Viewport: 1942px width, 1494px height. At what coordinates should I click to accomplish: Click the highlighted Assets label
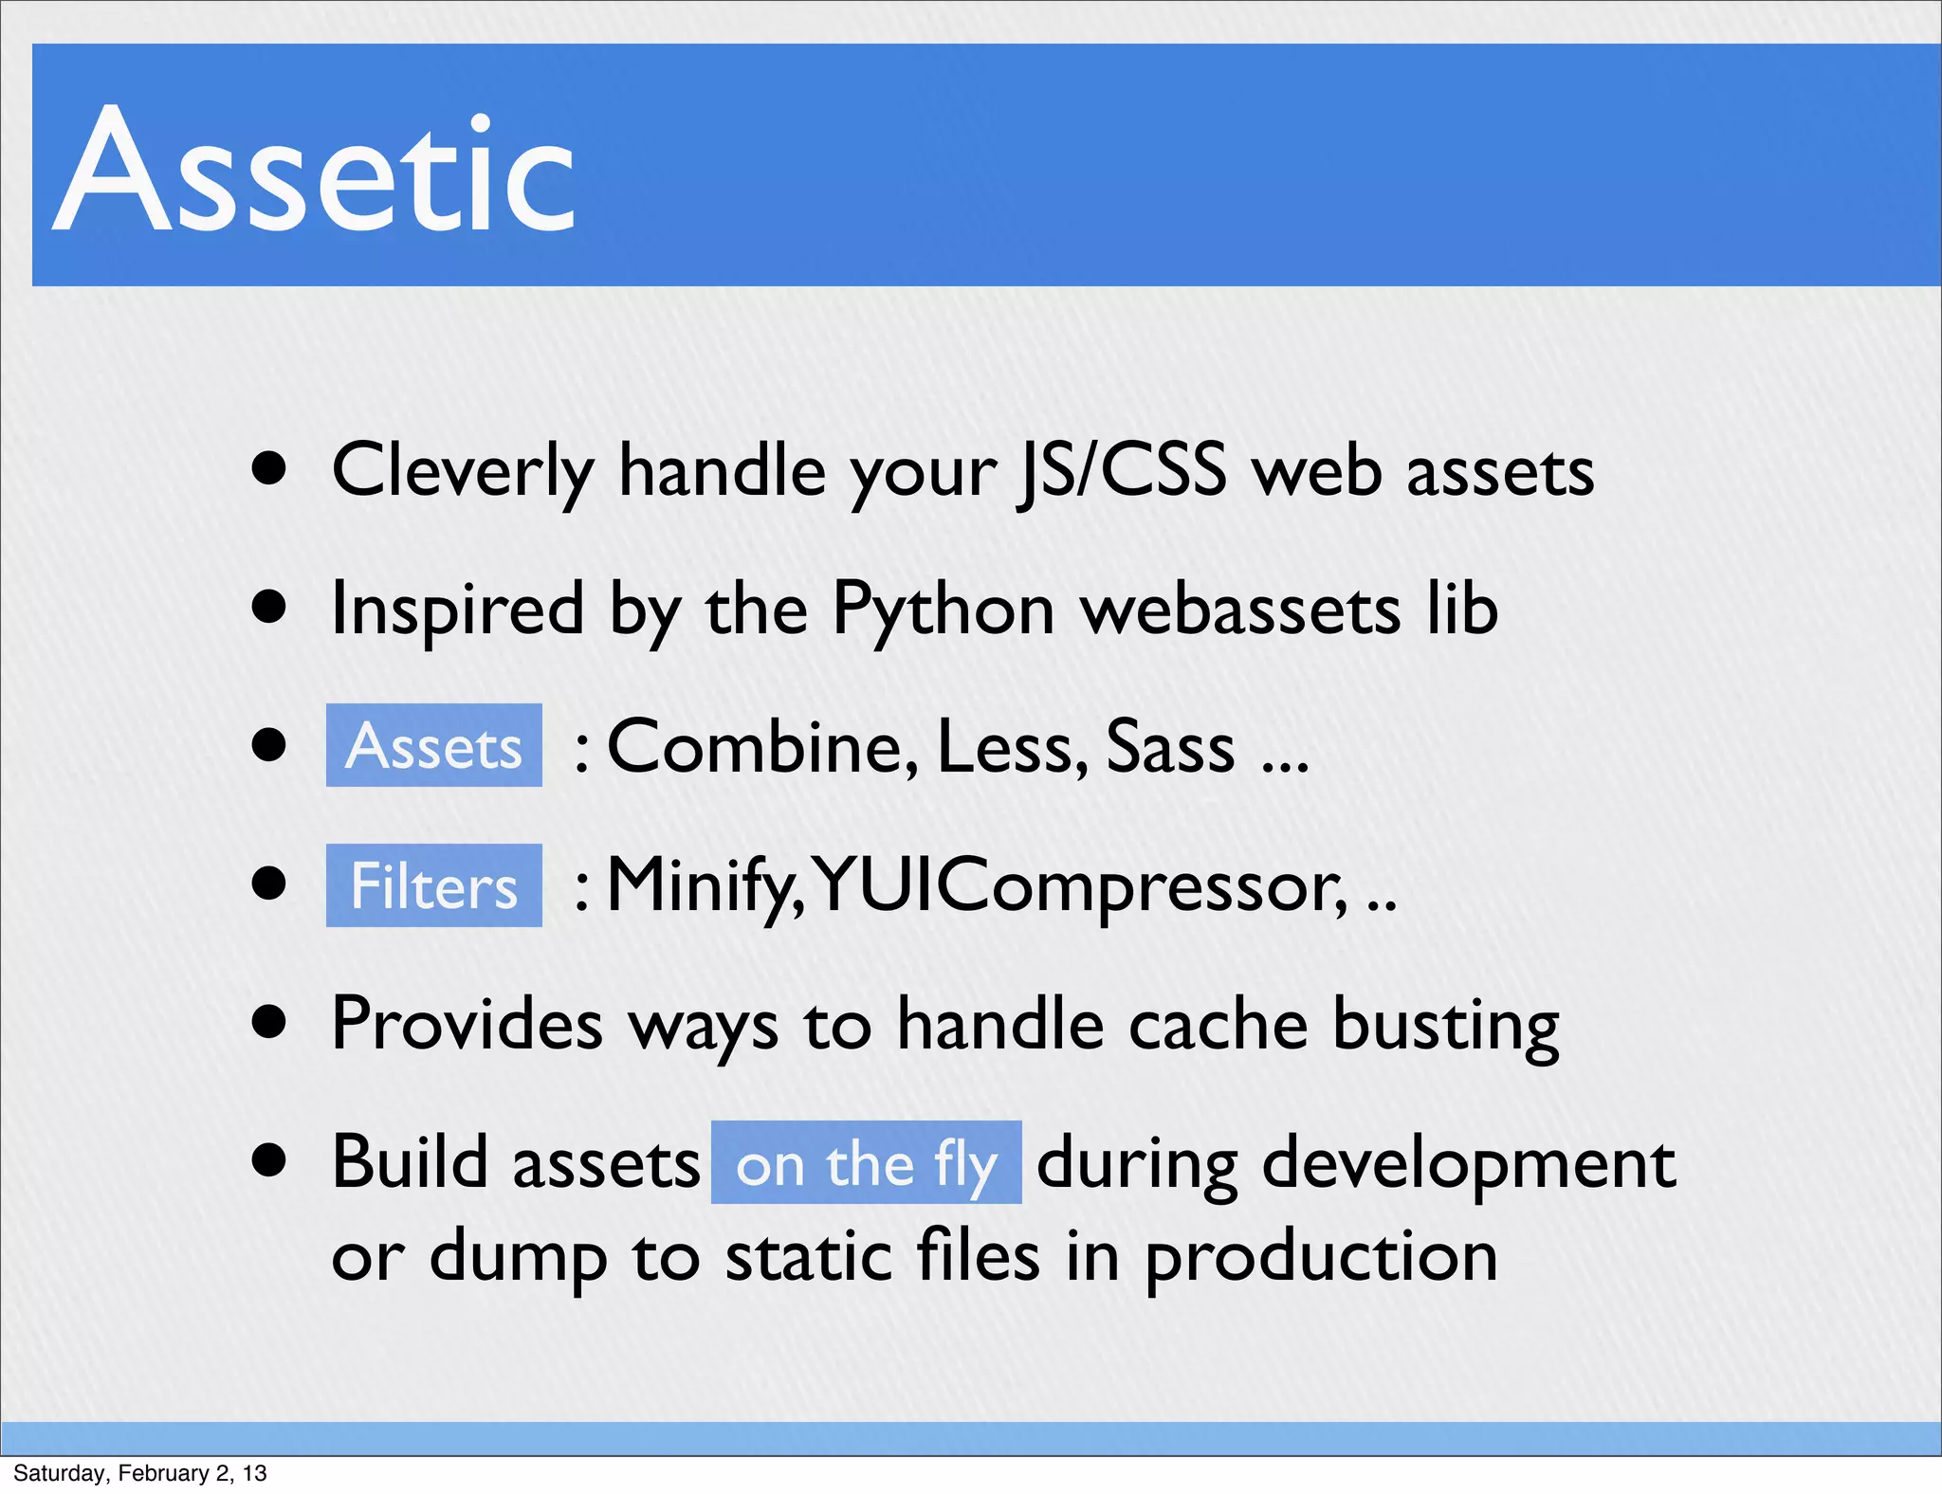pyautogui.click(x=433, y=746)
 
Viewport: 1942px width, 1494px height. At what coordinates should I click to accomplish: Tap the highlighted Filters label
pyautogui.click(x=433, y=886)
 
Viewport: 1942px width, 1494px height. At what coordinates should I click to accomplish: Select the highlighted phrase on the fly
pyautogui.click(x=866, y=1164)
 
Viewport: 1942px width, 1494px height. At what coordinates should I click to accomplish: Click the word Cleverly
pyautogui.click(x=462, y=471)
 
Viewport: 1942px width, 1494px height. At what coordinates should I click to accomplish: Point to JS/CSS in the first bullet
pyautogui.click(x=1120, y=471)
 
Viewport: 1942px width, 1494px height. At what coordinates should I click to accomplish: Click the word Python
pyautogui.click(x=943, y=609)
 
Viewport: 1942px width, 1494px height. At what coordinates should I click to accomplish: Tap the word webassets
pyautogui.click(x=1240, y=609)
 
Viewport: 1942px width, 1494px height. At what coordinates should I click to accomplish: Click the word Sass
pyautogui.click(x=1170, y=747)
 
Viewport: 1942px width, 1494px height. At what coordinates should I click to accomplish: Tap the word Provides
pyautogui.click(x=467, y=1025)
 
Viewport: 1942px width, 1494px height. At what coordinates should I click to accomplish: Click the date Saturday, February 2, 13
pyautogui.click(x=139, y=1473)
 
